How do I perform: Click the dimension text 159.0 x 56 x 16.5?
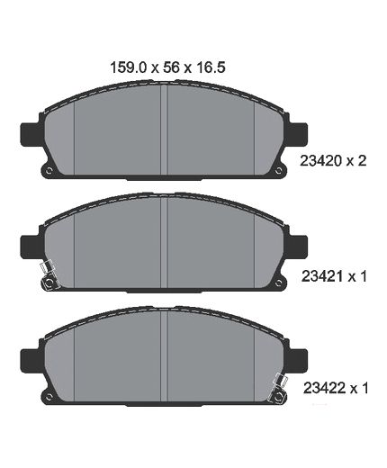(x=167, y=67)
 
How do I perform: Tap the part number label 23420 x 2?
(x=333, y=161)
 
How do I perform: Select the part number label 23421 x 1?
(x=334, y=276)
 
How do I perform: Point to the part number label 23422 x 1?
(x=336, y=388)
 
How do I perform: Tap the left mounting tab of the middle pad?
(x=30, y=247)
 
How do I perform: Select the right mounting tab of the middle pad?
(x=298, y=247)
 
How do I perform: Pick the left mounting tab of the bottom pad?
(x=30, y=359)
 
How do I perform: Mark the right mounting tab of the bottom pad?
(x=298, y=359)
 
